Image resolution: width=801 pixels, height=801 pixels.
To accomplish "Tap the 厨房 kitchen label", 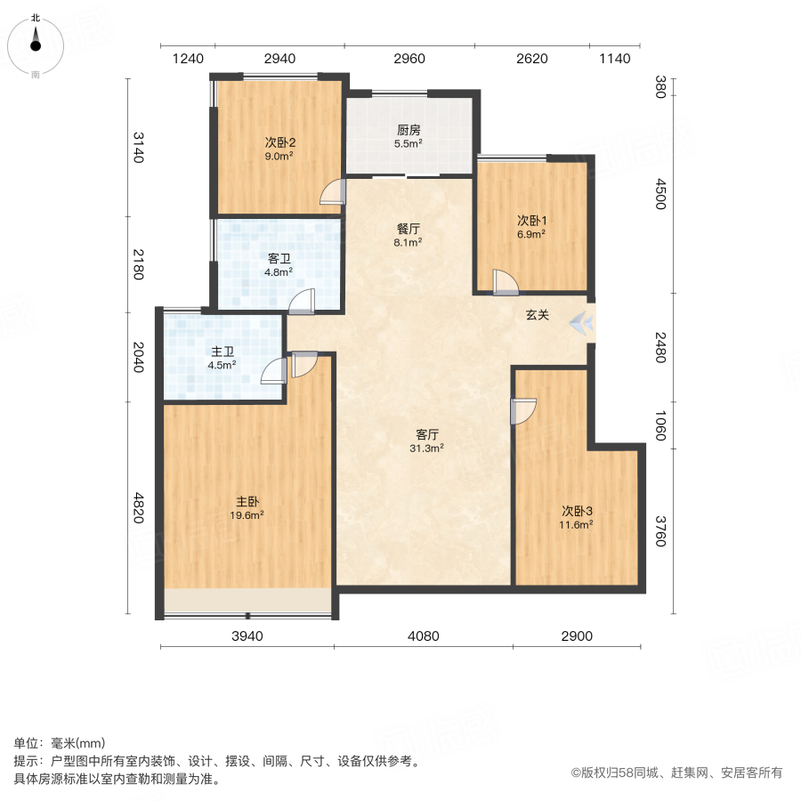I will (x=409, y=128).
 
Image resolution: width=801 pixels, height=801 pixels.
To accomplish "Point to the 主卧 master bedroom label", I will (x=248, y=501).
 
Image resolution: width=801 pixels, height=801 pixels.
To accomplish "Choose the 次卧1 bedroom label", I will (x=531, y=221).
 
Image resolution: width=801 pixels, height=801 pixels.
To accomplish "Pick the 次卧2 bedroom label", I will (x=279, y=142).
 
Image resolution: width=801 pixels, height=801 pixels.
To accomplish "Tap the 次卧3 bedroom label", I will (x=577, y=511).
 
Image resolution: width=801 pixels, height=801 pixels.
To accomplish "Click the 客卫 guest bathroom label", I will (x=279, y=259).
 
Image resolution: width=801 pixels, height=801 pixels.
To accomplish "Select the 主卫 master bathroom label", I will (x=222, y=351).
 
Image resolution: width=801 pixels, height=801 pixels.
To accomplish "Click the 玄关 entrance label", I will (x=537, y=315).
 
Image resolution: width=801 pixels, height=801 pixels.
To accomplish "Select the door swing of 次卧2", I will (x=333, y=192).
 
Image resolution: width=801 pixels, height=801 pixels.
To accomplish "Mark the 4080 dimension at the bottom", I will (x=423, y=635).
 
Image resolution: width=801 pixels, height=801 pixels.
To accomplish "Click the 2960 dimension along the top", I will (x=409, y=59).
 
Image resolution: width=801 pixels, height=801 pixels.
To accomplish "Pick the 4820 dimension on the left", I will (x=138, y=508).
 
